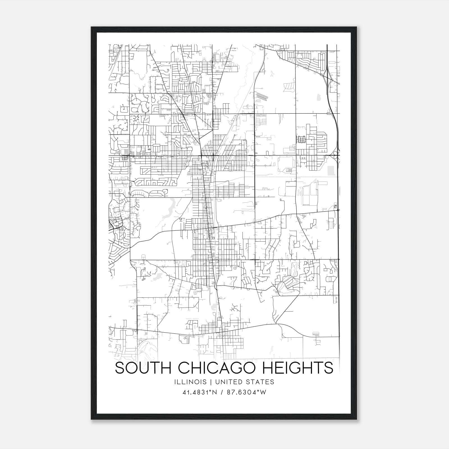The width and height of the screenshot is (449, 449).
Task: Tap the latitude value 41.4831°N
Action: pyautogui.click(x=200, y=393)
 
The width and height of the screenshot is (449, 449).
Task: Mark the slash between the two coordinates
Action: pyautogui.click(x=222, y=393)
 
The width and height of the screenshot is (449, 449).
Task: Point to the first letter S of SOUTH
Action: pyautogui.click(x=120, y=368)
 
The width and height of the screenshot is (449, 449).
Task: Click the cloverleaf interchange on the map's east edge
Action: pyautogui.click(x=336, y=155)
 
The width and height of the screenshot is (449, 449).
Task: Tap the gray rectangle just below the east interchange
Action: pyautogui.click(x=331, y=170)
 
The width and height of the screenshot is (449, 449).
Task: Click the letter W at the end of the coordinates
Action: pyautogui.click(x=263, y=393)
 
